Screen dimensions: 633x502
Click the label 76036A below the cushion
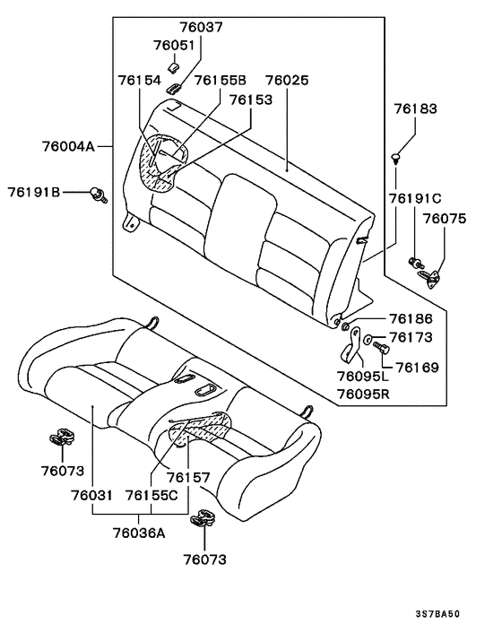coord(139,533)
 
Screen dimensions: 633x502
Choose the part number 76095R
coord(364,394)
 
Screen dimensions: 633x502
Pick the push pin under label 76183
coord(396,158)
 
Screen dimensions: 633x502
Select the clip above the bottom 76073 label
coord(203,517)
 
